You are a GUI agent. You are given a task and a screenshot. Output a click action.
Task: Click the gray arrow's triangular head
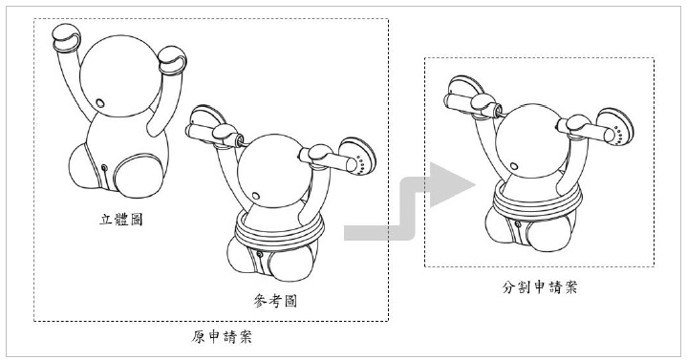tap(450, 185)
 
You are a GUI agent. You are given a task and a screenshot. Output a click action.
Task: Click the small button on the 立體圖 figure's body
tap(104, 169)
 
